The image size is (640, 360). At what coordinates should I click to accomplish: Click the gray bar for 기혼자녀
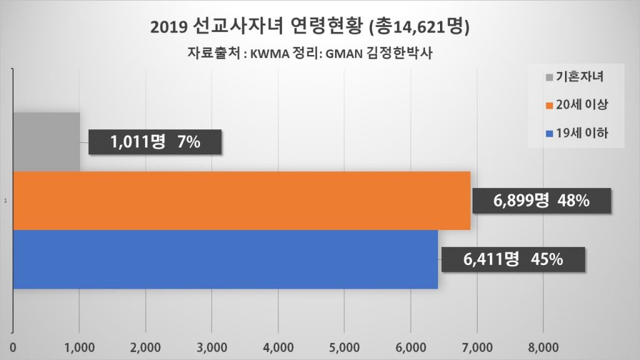(46, 142)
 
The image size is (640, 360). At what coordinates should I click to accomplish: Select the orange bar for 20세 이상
(241, 201)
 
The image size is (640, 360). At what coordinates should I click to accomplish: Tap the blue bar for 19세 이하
(225, 259)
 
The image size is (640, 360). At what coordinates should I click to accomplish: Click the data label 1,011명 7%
(156, 142)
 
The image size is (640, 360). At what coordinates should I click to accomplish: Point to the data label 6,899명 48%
(541, 201)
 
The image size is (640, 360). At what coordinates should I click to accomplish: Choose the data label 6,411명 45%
(513, 259)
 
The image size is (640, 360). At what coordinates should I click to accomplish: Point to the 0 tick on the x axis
(13, 346)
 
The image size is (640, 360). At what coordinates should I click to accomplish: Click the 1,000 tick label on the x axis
(79, 346)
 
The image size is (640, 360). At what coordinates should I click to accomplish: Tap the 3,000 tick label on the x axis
(212, 346)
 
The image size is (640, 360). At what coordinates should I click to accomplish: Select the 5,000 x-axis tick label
(344, 346)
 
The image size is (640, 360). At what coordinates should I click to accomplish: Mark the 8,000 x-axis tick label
(542, 346)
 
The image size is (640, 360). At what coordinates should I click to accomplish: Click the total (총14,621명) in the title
(421, 27)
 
